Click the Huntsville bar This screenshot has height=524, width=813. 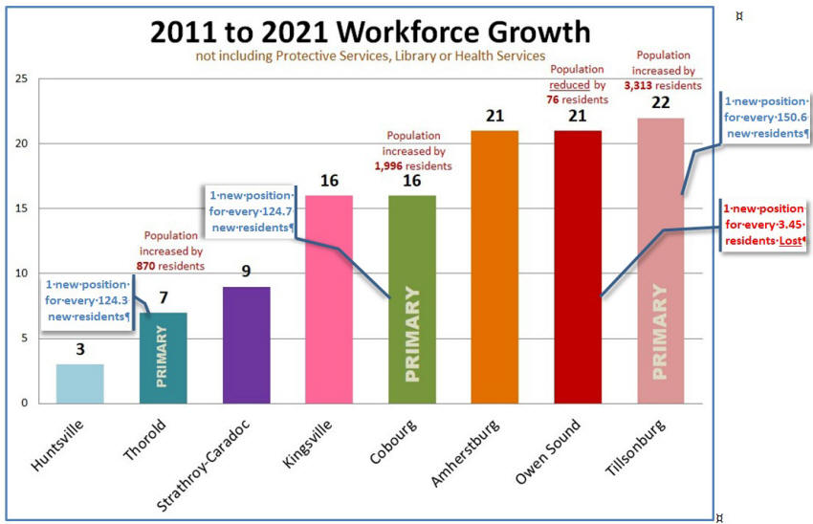pos(80,383)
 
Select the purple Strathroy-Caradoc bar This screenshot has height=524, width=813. pos(246,344)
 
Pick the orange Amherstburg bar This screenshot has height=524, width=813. pos(494,267)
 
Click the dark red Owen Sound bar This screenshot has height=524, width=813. pos(578,267)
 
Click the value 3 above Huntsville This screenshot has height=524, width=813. pos(80,350)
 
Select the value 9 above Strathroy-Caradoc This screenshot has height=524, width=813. pos(246,272)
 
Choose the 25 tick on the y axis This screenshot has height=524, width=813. pos(22,79)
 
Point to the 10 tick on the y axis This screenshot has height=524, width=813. pos(22,273)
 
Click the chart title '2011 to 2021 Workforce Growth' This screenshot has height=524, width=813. pos(370,32)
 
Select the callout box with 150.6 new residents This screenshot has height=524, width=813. pos(766,118)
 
